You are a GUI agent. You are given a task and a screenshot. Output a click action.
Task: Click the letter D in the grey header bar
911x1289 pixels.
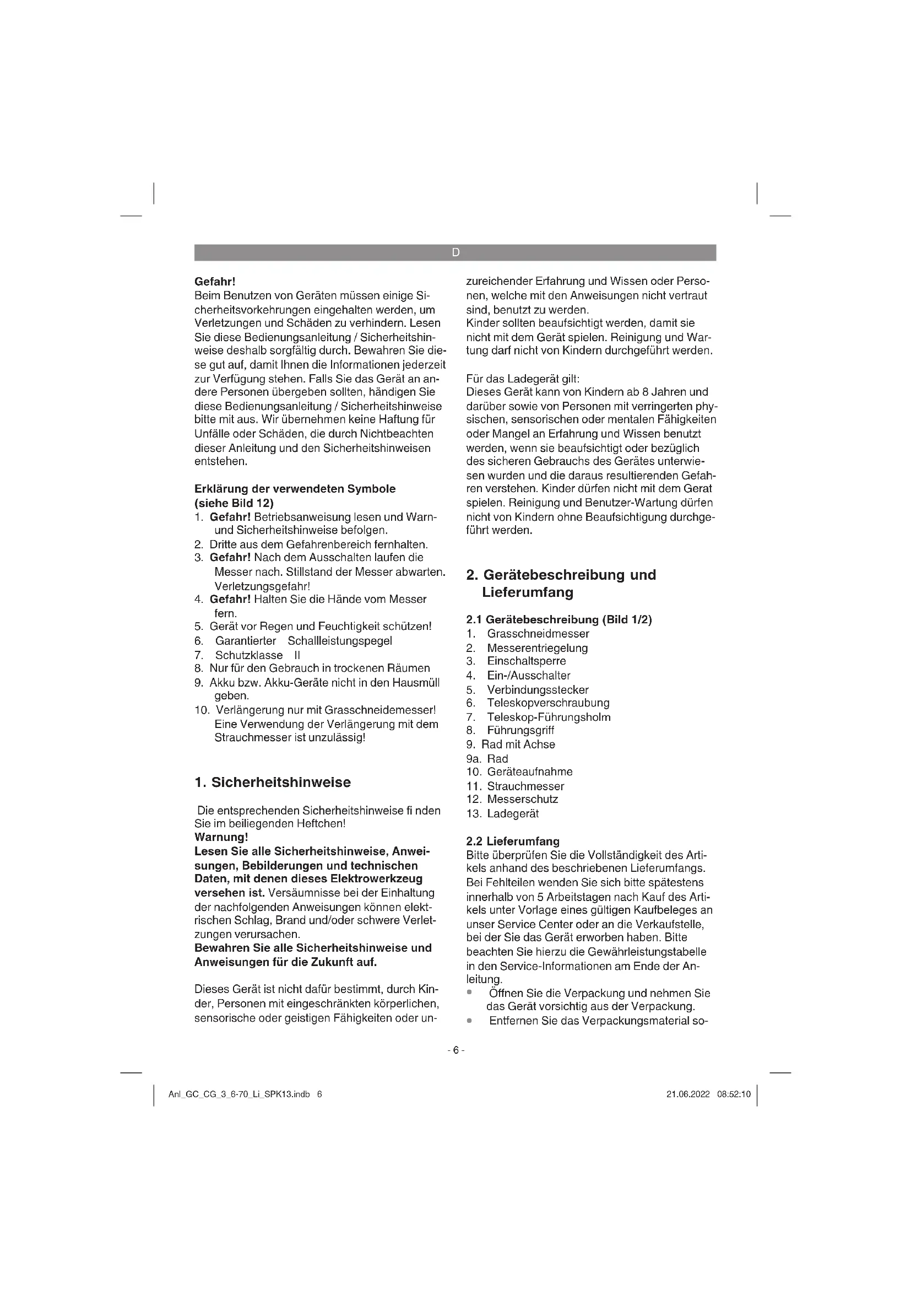pos(455,252)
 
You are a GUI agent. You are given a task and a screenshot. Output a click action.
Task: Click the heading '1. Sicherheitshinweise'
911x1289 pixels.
pos(272,782)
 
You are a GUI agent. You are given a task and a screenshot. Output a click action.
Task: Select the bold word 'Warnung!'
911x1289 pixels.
pos(221,837)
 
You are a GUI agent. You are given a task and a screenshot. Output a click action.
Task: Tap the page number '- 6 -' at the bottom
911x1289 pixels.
pos(455,1050)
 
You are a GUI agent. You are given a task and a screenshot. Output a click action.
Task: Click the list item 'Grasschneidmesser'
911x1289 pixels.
pos(538,633)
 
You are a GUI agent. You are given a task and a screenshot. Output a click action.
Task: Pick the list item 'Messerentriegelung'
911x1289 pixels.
pos(537,648)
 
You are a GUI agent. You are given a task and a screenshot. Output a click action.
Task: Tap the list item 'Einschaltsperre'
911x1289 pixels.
pos(525,661)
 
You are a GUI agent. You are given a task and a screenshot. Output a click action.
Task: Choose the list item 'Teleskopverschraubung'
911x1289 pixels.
pos(547,702)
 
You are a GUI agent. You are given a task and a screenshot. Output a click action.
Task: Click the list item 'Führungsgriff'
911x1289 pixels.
pos(520,730)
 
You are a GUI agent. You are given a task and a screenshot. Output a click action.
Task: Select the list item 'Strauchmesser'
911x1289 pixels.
pos(525,786)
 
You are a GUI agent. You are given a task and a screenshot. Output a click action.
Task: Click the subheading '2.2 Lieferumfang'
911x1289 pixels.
pos(513,841)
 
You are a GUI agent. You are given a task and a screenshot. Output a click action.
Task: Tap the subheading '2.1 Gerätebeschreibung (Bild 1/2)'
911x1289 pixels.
pos(558,619)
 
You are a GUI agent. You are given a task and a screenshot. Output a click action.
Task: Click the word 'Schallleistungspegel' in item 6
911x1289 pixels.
pos(339,640)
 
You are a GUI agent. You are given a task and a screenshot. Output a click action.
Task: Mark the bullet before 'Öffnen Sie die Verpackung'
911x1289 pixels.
pos(469,993)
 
